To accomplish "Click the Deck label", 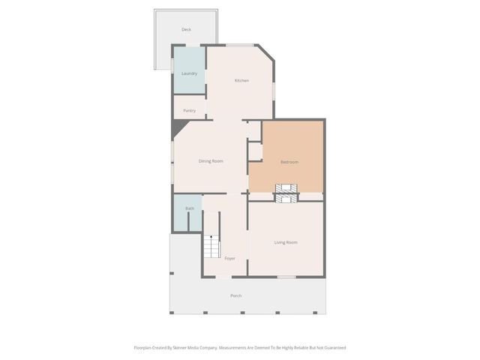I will tap(186, 30).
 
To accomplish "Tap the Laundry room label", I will tap(189, 73).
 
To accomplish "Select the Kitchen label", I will tap(241, 80).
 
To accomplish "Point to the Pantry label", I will tap(189, 110).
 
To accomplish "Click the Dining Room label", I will tap(211, 161).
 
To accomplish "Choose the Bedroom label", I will tap(289, 162).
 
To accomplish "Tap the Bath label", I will tap(190, 208).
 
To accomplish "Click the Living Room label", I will tap(286, 242).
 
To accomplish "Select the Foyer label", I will tap(229, 258).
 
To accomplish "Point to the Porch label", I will tap(235, 295).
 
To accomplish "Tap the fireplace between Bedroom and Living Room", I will tap(286, 193).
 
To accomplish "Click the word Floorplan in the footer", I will tap(144, 348).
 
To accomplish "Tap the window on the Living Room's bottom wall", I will tap(286, 277).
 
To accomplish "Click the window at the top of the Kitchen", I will tap(240, 46).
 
